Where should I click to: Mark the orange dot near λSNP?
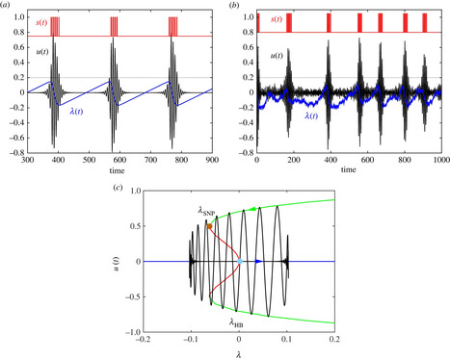(207, 226)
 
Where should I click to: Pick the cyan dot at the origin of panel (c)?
(238, 261)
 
